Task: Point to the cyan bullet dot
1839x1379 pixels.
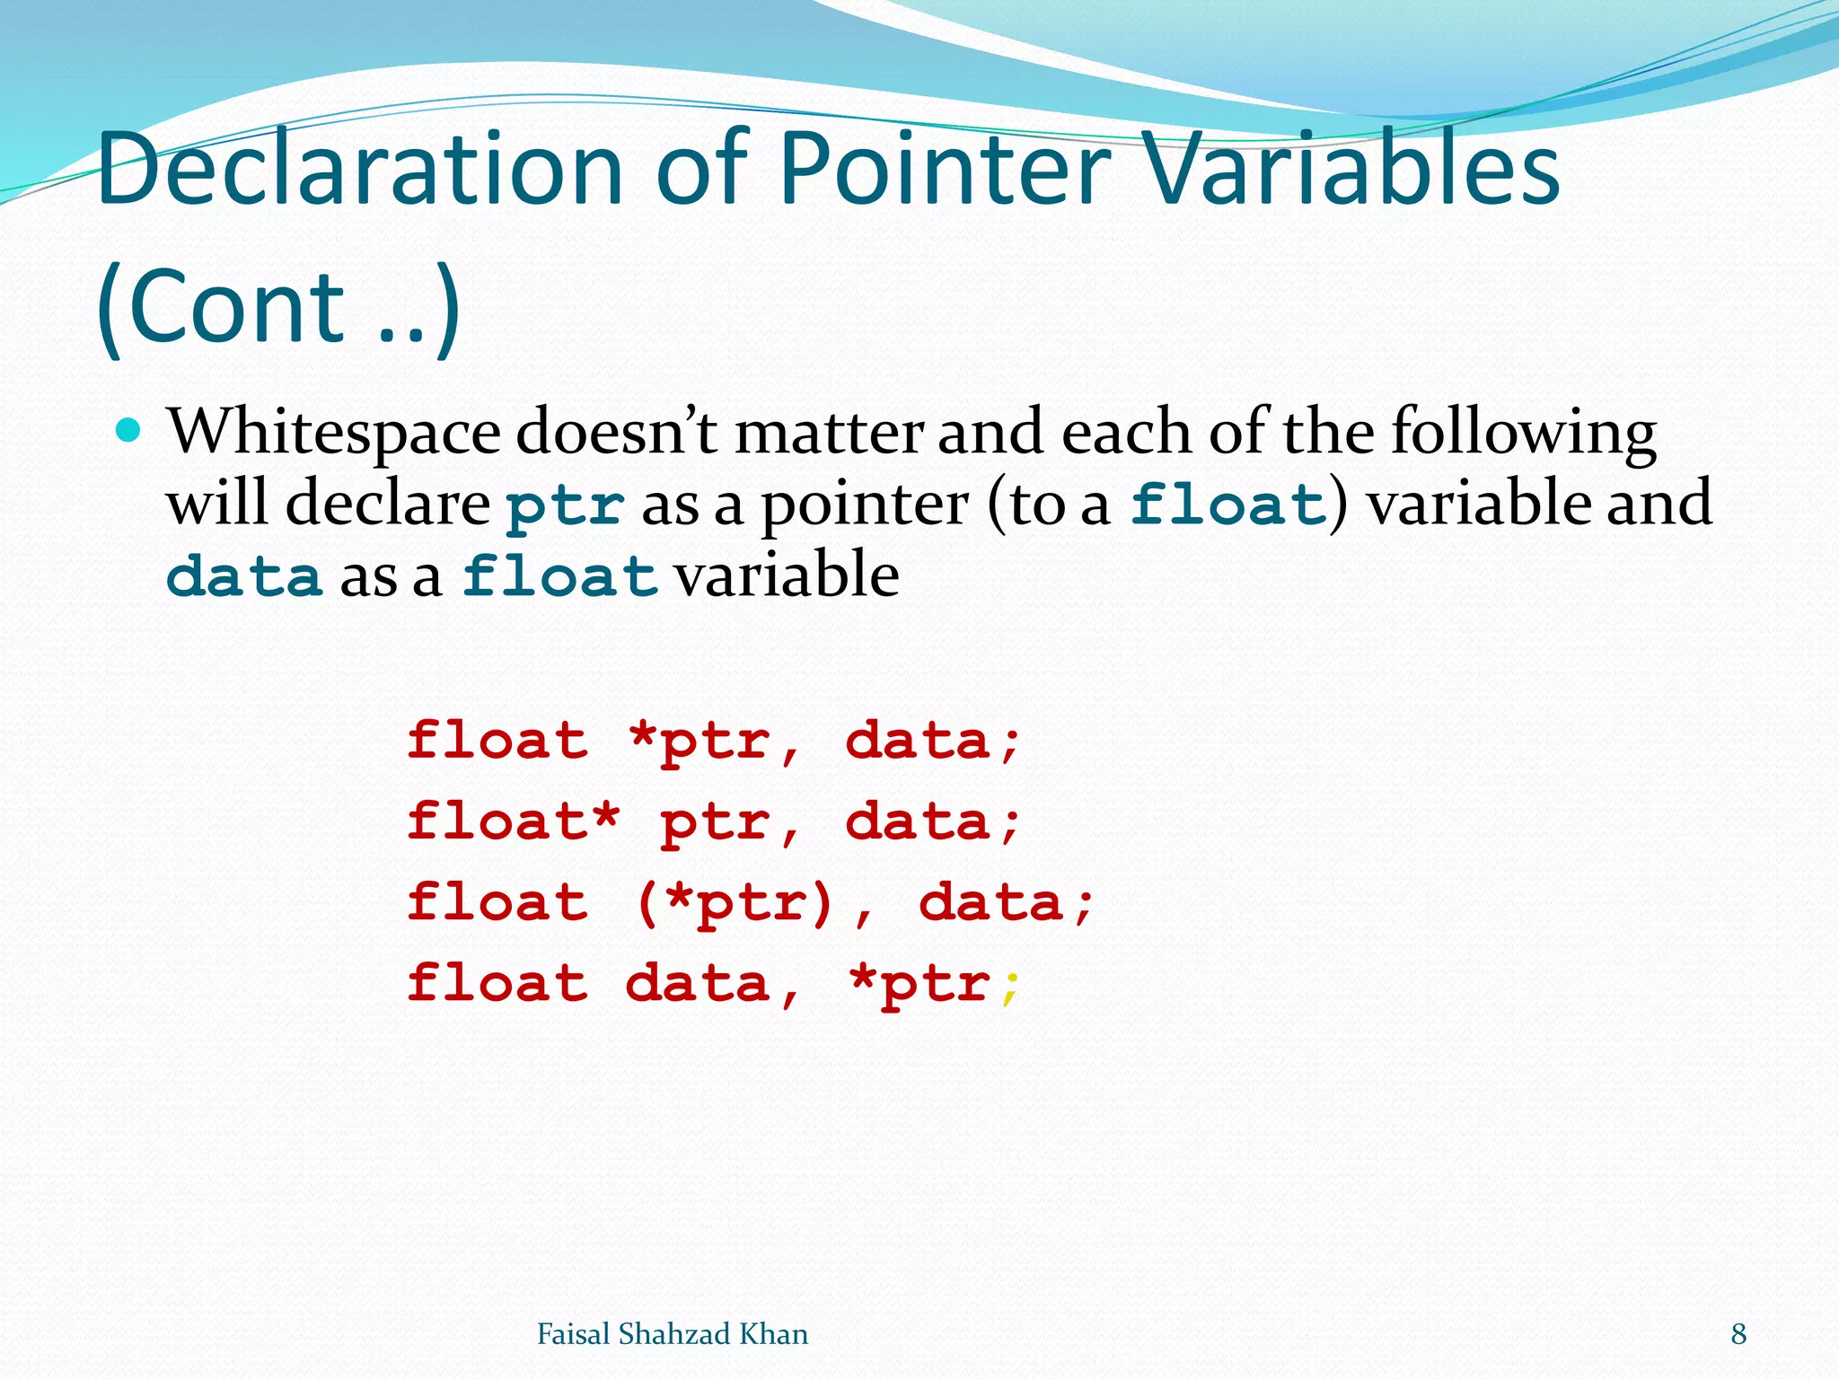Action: (x=129, y=432)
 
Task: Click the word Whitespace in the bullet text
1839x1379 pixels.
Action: (x=334, y=433)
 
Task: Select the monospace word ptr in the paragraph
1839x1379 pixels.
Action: (x=565, y=505)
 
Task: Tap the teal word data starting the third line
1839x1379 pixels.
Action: (x=244, y=576)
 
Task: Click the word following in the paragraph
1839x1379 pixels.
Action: (x=1523, y=433)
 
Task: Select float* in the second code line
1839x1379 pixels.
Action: (x=513, y=822)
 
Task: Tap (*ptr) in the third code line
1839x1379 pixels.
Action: (x=735, y=904)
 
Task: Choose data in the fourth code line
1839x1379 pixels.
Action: (x=698, y=985)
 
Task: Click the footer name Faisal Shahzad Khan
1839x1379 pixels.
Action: (x=672, y=1334)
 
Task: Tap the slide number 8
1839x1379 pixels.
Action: (x=1738, y=1334)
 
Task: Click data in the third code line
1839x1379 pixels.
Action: (x=991, y=904)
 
